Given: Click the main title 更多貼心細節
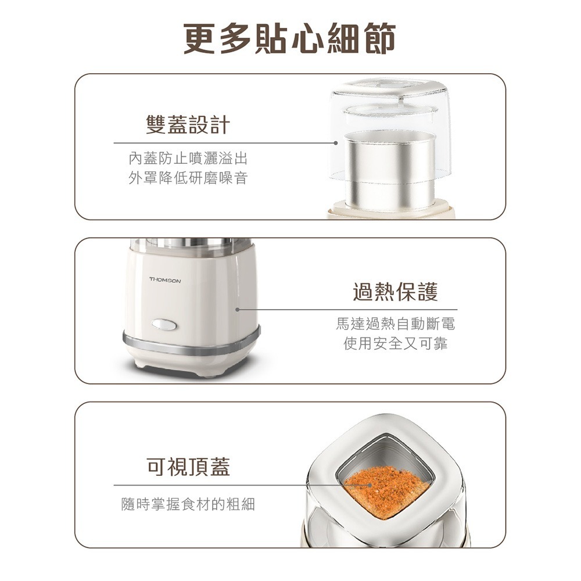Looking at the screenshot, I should click(x=290, y=39).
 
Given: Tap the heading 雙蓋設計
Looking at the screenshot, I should click(x=188, y=124).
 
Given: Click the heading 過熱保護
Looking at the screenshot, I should click(x=396, y=292).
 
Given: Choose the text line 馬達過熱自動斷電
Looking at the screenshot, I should click(x=396, y=324).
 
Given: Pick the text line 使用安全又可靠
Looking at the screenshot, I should click(x=396, y=344).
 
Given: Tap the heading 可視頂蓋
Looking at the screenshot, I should click(x=188, y=466).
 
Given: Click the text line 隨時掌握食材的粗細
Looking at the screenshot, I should click(x=188, y=504).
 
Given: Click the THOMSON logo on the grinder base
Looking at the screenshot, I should click(x=165, y=281).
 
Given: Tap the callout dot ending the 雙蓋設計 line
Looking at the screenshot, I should click(x=336, y=142).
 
